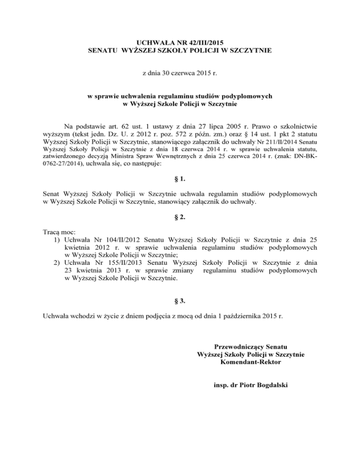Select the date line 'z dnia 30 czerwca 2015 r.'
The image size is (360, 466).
tap(180, 74)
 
